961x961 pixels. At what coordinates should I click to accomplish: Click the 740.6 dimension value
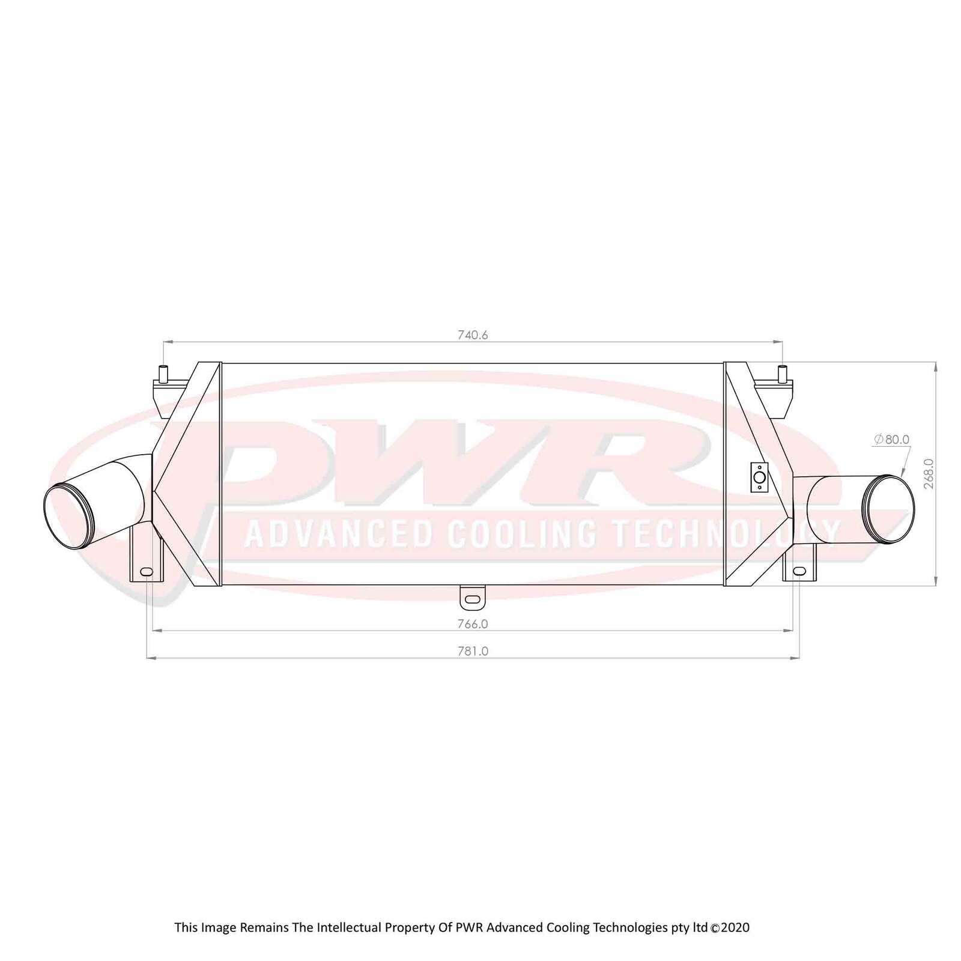click(x=473, y=335)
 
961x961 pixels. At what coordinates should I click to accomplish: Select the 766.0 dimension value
click(x=473, y=623)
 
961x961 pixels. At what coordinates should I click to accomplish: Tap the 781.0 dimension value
click(x=473, y=650)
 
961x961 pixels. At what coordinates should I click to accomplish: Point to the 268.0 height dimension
click(x=929, y=473)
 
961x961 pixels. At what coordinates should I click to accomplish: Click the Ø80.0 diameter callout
click(x=891, y=439)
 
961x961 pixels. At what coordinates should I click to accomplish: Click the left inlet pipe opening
click(x=69, y=516)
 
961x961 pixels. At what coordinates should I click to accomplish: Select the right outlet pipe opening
click(x=888, y=509)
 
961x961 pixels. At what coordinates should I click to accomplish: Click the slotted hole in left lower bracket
click(x=146, y=571)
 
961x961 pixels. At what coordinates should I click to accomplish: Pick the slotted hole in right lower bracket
click(x=799, y=570)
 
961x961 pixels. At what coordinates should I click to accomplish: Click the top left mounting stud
click(x=163, y=374)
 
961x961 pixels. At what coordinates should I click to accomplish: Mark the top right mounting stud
click(x=782, y=374)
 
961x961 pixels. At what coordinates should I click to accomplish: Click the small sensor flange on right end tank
click(x=759, y=477)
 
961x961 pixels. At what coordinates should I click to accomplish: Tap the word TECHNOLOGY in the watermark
click(x=725, y=532)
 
